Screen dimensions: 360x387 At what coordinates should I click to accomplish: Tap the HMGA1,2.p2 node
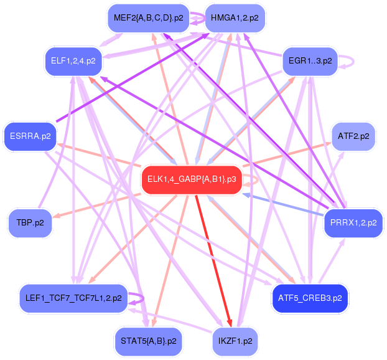click(235, 18)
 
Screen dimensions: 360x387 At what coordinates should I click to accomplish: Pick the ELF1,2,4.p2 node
click(72, 62)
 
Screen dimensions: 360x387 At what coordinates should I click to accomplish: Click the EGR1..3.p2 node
click(310, 62)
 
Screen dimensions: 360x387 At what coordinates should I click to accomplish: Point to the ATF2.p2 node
click(353, 135)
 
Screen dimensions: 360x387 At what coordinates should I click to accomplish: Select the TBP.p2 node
click(30, 222)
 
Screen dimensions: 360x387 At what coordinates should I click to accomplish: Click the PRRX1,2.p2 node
click(353, 222)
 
